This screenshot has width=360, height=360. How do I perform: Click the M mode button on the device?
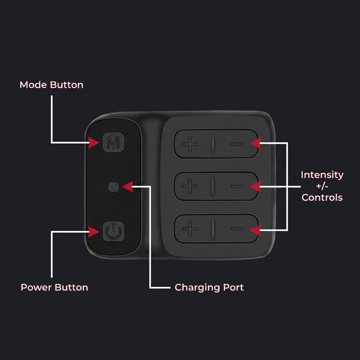tap(113, 142)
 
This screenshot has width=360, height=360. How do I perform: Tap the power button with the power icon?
tap(113, 231)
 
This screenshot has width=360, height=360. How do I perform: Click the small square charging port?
tap(113, 186)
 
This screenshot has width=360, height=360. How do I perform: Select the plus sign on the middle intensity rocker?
tap(190, 186)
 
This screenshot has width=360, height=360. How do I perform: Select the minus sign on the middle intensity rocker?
tap(237, 186)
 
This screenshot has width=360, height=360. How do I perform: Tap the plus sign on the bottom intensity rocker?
tap(190, 228)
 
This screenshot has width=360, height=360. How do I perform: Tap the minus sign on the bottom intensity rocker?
tap(237, 228)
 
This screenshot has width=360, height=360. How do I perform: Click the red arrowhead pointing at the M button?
tap(93, 142)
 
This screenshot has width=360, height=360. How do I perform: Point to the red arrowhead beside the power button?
tap(93, 231)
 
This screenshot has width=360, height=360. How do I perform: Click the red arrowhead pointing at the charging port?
tap(128, 186)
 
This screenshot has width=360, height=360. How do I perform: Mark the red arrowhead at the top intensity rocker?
tap(255, 143)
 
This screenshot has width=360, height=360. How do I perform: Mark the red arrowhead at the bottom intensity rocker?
tap(255, 230)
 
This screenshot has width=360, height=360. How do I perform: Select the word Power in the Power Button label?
tap(36, 287)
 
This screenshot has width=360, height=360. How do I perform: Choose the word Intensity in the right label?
tap(322, 175)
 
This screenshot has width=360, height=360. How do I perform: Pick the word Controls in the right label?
tap(322, 197)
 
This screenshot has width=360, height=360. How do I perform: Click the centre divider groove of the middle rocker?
tap(213, 186)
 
